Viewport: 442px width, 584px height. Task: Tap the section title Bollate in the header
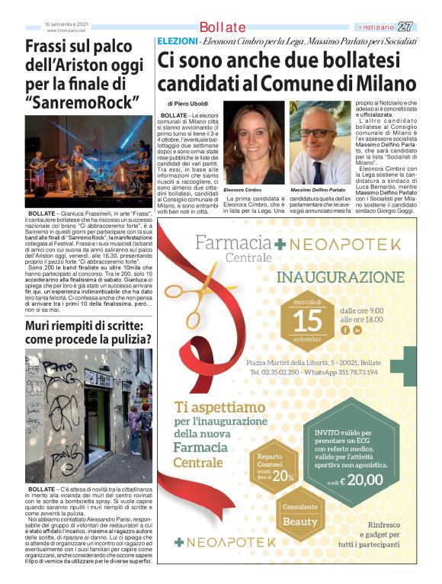pyautogui.click(x=223, y=28)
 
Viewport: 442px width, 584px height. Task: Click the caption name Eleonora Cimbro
pyautogui.click(x=243, y=189)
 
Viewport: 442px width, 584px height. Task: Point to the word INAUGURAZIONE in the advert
pyautogui.click(x=351, y=278)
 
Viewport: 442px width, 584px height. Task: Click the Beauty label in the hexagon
pyautogui.click(x=299, y=521)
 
